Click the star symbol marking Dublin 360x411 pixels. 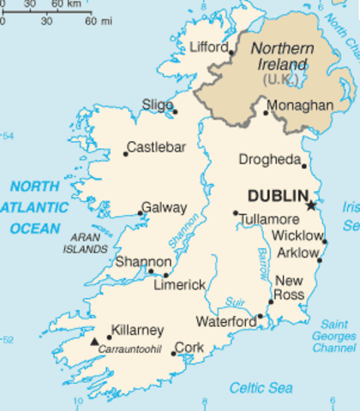311,205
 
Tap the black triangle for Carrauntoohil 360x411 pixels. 94,341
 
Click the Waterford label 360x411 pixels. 226,321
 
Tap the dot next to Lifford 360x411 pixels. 231,52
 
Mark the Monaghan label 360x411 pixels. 300,104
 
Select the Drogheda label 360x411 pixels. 269,159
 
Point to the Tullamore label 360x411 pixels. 269,219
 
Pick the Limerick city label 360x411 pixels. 179,284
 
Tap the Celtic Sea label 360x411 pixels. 261,388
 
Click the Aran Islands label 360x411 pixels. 85,241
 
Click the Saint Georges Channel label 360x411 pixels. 333,336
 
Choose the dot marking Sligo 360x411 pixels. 175,111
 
